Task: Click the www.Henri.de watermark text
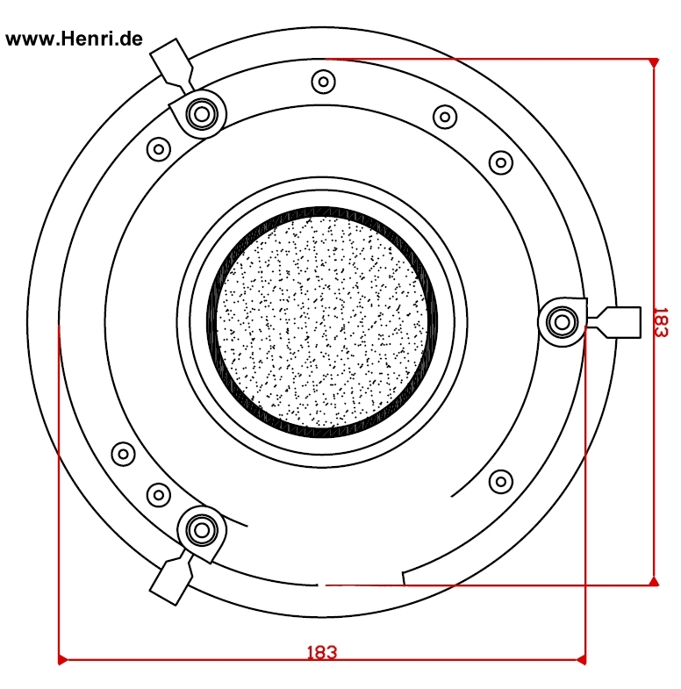point(74,39)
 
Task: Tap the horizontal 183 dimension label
point(321,652)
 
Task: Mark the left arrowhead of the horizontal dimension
point(62,658)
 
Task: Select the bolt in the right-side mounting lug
point(559,322)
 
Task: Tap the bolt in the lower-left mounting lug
point(202,529)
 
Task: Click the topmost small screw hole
point(323,83)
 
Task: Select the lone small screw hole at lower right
point(500,481)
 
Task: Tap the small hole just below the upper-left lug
point(158,148)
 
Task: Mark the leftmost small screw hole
point(123,455)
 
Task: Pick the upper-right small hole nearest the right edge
point(500,161)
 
